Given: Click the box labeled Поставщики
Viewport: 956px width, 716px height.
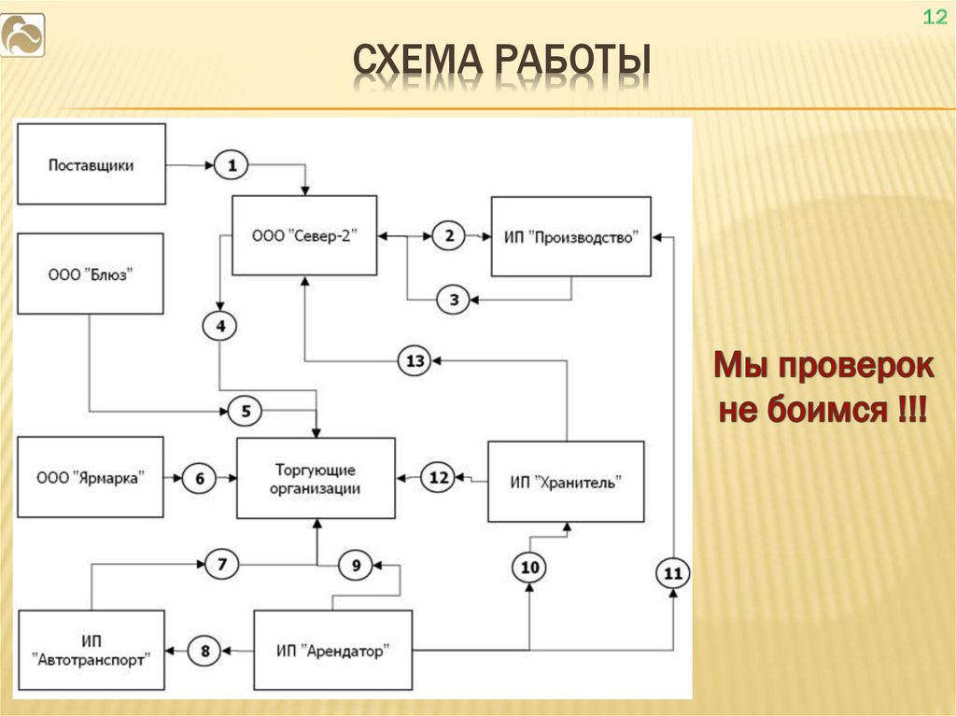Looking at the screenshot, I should (91, 164).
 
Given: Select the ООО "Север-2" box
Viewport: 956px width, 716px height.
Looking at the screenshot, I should (304, 235).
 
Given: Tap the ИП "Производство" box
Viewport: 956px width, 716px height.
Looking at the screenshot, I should (570, 236).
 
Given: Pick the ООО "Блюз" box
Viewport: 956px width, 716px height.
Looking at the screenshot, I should (91, 274).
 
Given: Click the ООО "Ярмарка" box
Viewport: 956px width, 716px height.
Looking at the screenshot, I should (91, 477).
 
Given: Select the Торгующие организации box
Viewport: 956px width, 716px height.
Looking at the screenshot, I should (316, 478).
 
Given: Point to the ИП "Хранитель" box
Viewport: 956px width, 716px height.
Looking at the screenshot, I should (566, 482).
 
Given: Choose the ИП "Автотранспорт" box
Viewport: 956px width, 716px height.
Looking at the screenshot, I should (91, 650).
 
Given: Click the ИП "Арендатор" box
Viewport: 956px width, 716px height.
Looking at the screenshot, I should (332, 650).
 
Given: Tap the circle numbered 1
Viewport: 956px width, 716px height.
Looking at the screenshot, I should (232, 166).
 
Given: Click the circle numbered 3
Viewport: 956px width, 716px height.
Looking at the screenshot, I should (454, 300).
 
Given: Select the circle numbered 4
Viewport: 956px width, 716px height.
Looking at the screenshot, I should (220, 326).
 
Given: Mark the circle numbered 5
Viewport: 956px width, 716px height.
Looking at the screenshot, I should (246, 410).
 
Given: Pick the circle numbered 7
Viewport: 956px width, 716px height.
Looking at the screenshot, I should (221, 564).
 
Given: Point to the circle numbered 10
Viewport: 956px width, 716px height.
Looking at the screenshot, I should (529, 567).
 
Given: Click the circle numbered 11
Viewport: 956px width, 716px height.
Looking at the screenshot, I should (672, 574).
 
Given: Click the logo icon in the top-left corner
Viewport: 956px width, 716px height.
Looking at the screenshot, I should (22, 35).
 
